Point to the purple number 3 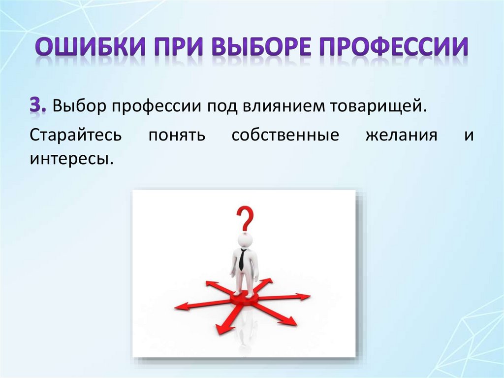pyautogui.click(x=35, y=106)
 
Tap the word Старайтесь pyautogui.click(x=74, y=135)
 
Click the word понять pyautogui.click(x=176, y=135)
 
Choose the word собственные pyautogui.click(x=285, y=135)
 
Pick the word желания pyautogui.click(x=402, y=135)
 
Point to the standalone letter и pyautogui.click(x=468, y=136)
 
